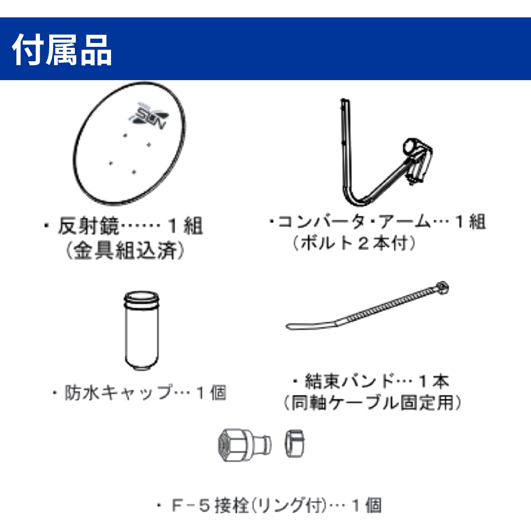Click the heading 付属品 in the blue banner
[62, 50]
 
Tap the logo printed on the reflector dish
[148, 116]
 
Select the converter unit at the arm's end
[417, 160]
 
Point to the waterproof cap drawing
[141, 330]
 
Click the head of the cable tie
[442, 288]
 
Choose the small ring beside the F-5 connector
[294, 444]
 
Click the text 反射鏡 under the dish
[89, 226]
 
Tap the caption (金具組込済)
[125, 251]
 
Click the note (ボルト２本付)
[354, 243]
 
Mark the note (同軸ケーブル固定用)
[373, 403]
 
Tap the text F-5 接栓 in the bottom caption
[211, 505]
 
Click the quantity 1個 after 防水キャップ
[211, 393]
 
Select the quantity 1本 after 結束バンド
[434, 381]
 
